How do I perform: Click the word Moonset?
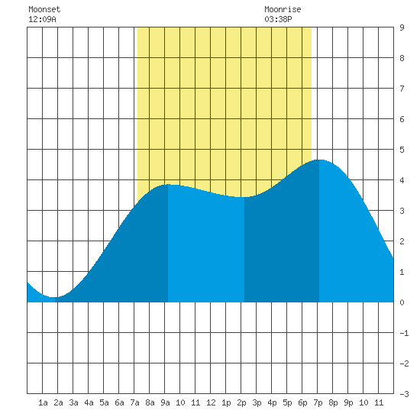(44, 9)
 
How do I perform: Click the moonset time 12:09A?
(42, 19)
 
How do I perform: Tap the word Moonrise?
(283, 9)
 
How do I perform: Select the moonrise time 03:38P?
(278, 19)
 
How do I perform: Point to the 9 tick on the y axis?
(402, 27)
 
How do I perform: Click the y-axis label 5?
(402, 150)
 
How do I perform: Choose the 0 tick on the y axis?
(402, 302)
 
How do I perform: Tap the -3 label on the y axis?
(404, 394)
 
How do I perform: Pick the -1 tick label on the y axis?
(404, 333)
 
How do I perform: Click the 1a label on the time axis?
(43, 402)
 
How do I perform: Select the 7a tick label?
(134, 402)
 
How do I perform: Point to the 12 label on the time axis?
(211, 402)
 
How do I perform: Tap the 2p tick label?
(241, 402)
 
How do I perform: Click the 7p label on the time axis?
(318, 402)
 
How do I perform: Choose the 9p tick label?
(348, 402)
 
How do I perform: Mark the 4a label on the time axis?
(89, 402)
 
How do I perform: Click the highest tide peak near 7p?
(319, 160)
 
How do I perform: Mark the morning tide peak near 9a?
(168, 184)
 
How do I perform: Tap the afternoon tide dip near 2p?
(244, 197)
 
